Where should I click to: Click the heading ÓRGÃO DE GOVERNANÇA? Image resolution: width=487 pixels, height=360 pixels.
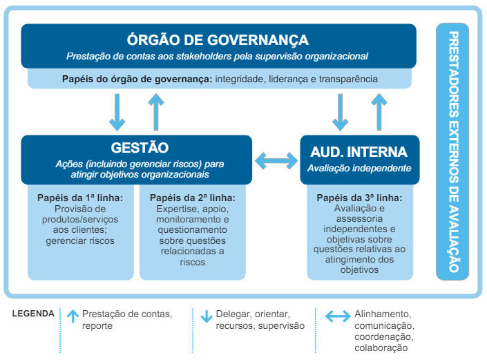pos(218,40)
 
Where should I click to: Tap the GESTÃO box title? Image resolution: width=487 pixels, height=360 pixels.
pos(140,148)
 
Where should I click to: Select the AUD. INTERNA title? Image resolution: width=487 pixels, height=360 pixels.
pos(359,152)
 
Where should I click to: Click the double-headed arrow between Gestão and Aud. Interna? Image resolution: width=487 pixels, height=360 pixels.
pos(276,160)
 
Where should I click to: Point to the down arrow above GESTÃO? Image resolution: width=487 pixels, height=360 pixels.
pos(117,112)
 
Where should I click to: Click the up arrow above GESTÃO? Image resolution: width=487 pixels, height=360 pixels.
pos(156,112)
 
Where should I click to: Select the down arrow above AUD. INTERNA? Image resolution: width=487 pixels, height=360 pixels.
pos(340,112)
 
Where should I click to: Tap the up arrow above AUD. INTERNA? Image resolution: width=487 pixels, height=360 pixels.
pos(379,112)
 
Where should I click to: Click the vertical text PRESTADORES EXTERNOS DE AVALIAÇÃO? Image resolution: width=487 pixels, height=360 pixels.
pos(454,151)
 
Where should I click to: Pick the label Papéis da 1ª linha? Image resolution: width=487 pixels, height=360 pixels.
pos(80,198)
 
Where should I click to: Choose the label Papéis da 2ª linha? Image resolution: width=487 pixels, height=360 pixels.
pos(193,198)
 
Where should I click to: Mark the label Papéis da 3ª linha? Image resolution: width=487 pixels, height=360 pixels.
pos(359,198)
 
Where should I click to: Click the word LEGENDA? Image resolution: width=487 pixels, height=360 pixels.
pos(33,314)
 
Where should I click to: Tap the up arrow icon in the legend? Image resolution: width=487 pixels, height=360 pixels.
pos(73,316)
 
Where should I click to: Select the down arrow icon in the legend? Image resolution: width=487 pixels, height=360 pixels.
pos(207,316)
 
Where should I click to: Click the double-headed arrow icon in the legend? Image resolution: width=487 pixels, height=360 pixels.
pos(338,316)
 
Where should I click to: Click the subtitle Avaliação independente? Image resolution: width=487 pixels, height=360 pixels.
pos(359,168)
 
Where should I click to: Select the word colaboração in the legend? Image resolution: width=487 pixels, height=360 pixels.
pos(381,348)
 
